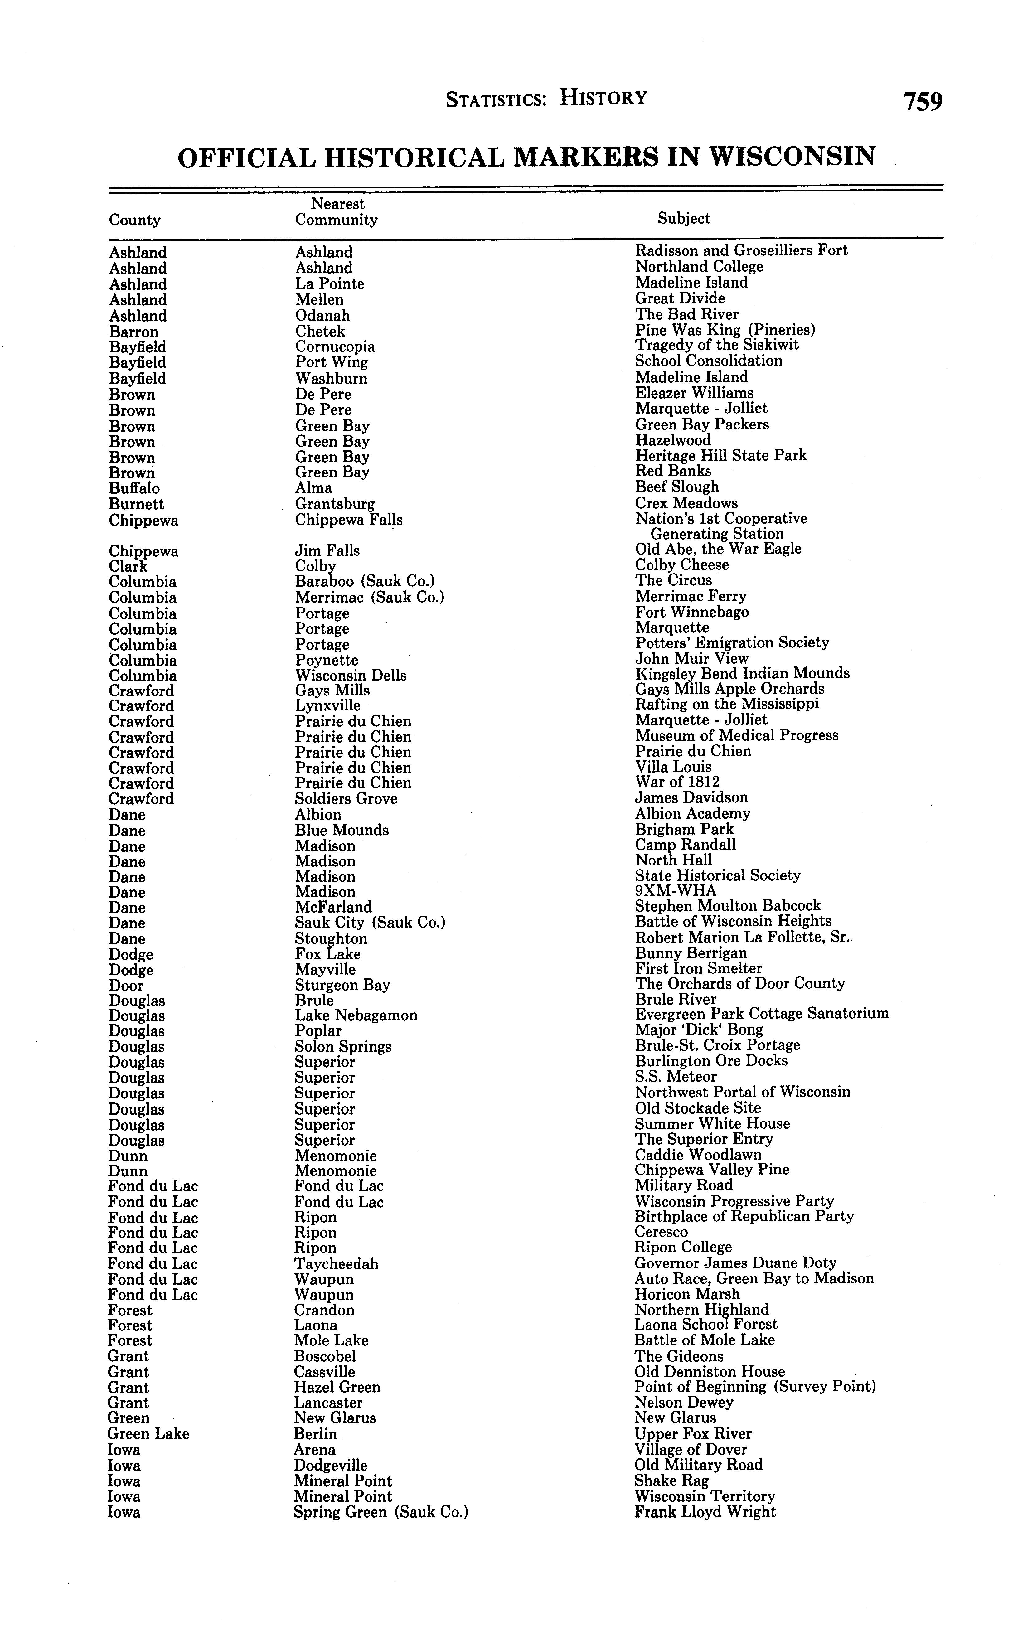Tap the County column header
(135, 220)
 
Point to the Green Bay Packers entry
(701, 425)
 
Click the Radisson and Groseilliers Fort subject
(741, 250)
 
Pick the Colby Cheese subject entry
(681, 565)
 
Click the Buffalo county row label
(134, 488)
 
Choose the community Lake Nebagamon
(356, 1016)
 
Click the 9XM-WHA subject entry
(675, 891)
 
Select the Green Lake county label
(148, 1434)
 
